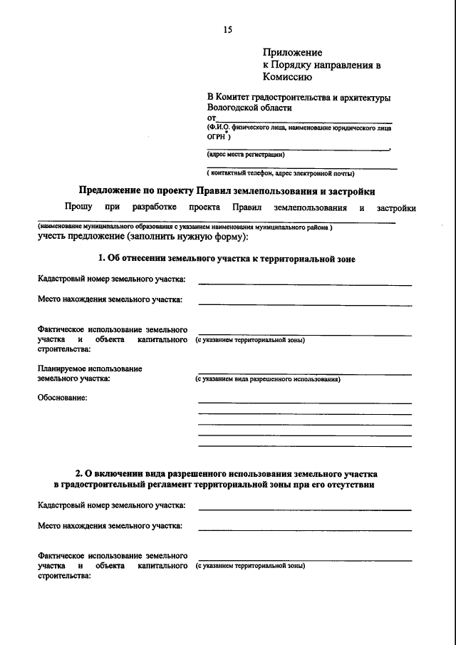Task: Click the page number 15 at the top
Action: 227,30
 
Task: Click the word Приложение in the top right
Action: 293,52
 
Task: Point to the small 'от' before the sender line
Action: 211,118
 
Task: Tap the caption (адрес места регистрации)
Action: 246,155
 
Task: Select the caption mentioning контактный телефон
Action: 281,173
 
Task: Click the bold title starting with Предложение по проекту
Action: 227,191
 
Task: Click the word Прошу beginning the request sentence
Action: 78,207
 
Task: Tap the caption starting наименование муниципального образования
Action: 185,226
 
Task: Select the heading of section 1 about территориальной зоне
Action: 227,259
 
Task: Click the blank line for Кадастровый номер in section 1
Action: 304,284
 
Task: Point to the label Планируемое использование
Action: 90,368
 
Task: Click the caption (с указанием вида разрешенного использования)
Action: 268,380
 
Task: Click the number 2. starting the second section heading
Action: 80,473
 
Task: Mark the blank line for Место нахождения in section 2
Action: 304,530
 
